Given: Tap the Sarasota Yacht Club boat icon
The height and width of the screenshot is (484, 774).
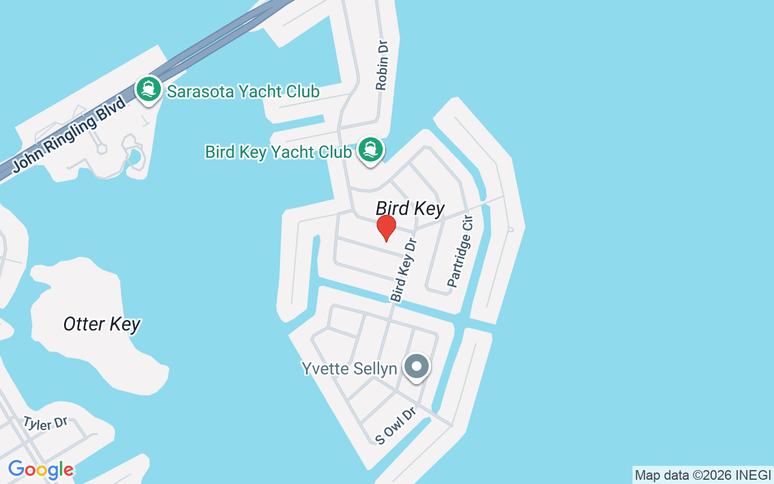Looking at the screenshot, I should pyautogui.click(x=148, y=90).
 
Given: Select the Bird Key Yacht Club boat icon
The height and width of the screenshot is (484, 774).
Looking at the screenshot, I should pyautogui.click(x=370, y=149).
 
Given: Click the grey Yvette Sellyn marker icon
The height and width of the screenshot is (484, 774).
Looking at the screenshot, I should pyautogui.click(x=416, y=366).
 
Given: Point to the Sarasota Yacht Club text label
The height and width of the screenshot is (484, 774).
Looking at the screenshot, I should pyautogui.click(x=243, y=92).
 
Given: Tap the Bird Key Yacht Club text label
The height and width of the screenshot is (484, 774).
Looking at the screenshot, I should pyautogui.click(x=278, y=152).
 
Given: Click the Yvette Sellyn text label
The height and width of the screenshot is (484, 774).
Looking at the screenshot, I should pyautogui.click(x=349, y=368).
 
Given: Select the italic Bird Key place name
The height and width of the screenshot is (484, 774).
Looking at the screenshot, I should pyautogui.click(x=410, y=209).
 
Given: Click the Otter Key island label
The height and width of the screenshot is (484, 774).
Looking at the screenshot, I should pyautogui.click(x=102, y=324).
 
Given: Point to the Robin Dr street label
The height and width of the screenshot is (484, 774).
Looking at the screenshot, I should pyautogui.click(x=381, y=65).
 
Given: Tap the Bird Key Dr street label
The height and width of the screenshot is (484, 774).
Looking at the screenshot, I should pyautogui.click(x=404, y=270).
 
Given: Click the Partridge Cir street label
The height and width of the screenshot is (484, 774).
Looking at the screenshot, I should pyautogui.click(x=460, y=251).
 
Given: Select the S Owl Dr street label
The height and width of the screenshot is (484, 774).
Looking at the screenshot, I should pyautogui.click(x=395, y=426).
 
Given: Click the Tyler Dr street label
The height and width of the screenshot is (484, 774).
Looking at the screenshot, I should pyautogui.click(x=45, y=423).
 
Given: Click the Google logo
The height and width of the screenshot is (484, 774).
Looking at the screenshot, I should pyautogui.click(x=41, y=469).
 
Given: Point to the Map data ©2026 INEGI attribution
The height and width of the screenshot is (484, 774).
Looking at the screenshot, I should pyautogui.click(x=703, y=476).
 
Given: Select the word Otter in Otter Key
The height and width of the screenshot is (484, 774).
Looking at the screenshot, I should pyautogui.click(x=84, y=324).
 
